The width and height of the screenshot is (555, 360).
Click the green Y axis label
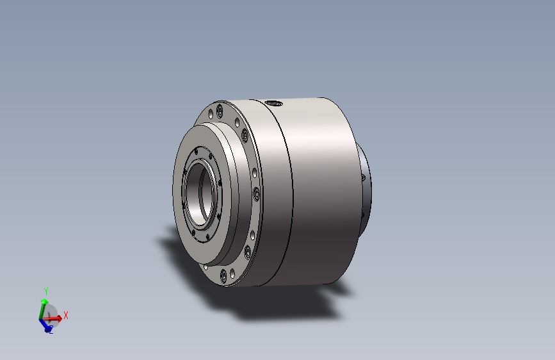click(45, 291)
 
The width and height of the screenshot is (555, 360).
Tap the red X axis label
click(65, 315)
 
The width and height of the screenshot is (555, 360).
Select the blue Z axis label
click(51, 331)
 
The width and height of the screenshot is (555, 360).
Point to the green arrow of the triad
click(43, 307)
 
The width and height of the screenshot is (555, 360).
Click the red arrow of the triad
click(52, 318)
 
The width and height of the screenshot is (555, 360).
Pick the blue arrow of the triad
click(45, 325)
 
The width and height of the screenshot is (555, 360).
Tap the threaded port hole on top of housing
click(274, 104)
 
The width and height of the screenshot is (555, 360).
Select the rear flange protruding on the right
click(366, 192)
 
